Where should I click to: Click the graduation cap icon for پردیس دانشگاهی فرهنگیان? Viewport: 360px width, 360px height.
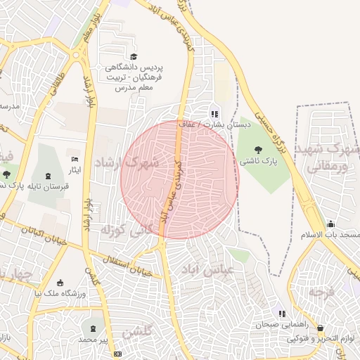(134, 56)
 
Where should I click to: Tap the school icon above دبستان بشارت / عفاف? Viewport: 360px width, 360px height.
(214, 113)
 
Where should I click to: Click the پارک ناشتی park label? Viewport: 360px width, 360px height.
(258, 161)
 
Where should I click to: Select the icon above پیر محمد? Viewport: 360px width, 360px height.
(94, 328)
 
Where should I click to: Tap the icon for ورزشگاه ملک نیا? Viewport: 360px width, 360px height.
(60, 282)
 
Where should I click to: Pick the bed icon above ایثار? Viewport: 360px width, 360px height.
(75, 159)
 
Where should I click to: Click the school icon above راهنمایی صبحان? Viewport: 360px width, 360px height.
(281, 313)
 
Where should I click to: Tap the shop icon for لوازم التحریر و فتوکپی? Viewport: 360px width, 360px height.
(321, 327)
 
